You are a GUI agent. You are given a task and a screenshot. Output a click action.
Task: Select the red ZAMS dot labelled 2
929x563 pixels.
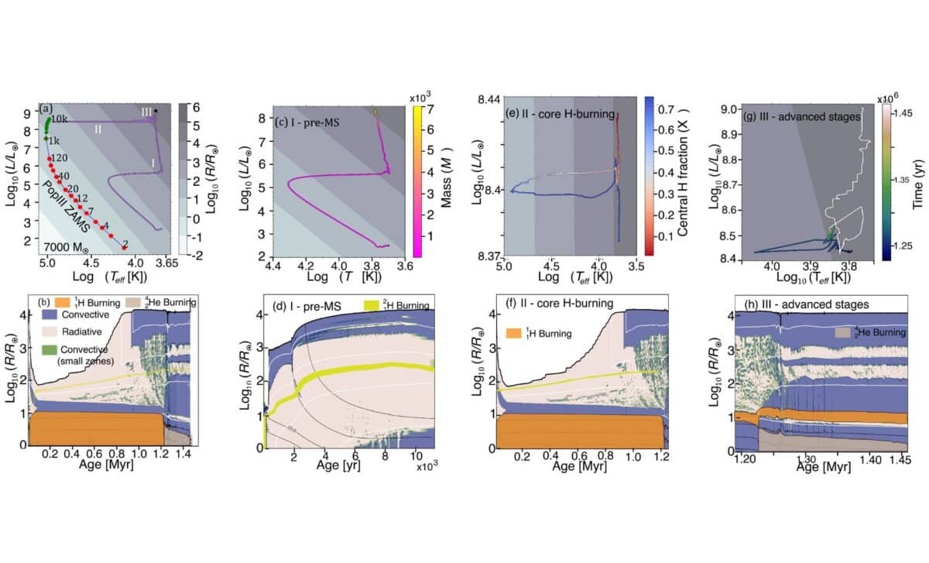124,247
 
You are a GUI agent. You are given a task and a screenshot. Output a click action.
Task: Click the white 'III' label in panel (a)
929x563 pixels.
147,112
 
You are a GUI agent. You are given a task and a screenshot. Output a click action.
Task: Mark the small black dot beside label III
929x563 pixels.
157,112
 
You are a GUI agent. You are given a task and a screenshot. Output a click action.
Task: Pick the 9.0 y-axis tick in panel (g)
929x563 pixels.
729,110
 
